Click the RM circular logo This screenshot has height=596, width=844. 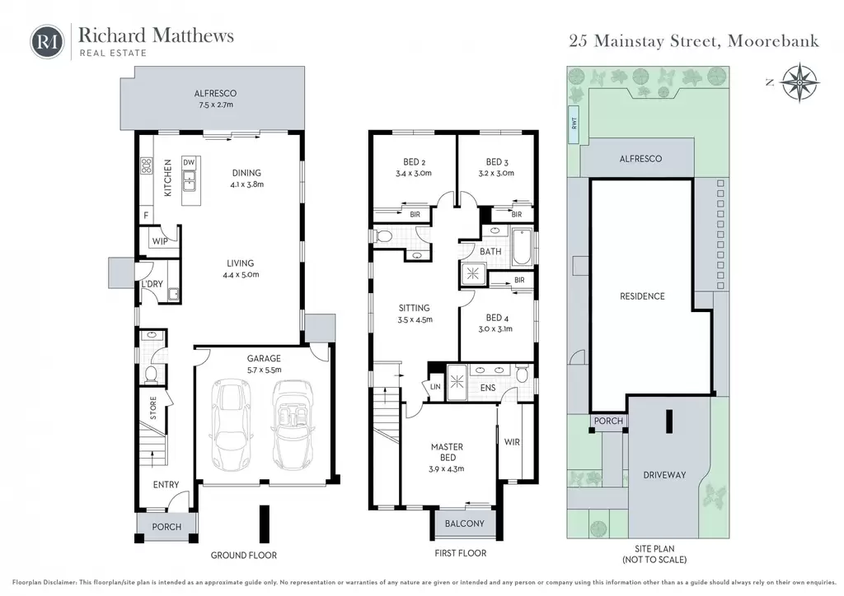(x=47, y=41)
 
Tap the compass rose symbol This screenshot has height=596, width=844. (x=800, y=82)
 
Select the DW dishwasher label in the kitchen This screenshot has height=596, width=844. (x=189, y=162)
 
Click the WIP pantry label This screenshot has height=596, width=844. (x=160, y=240)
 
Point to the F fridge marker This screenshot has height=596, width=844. (x=146, y=216)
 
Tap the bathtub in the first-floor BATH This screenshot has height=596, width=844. (x=522, y=247)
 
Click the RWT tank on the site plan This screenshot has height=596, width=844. (x=574, y=123)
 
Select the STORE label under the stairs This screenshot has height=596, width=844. (x=153, y=408)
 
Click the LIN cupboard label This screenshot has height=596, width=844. (x=435, y=386)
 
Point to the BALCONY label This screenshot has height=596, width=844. (x=465, y=524)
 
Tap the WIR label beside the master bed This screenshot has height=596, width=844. (x=512, y=442)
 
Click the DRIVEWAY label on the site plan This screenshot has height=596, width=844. (x=665, y=474)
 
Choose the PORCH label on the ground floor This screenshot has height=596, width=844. (x=166, y=527)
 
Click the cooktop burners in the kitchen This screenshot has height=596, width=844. (x=146, y=165)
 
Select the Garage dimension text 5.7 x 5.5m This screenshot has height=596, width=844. (x=264, y=370)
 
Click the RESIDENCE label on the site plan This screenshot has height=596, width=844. (x=642, y=296)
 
